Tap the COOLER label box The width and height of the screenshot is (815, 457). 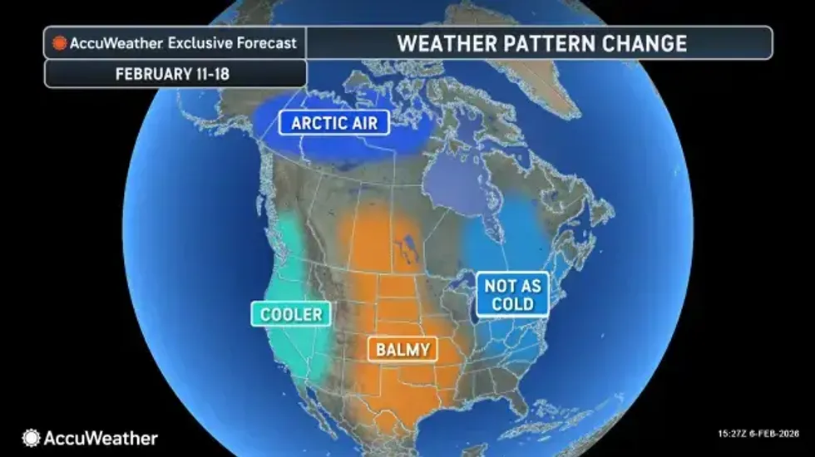[290, 314]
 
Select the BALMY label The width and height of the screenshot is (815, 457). [403, 349]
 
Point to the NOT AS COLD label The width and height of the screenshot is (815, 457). [512, 295]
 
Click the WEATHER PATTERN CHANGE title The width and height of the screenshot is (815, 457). [541, 43]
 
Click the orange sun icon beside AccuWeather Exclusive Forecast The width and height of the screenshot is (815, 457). [59, 43]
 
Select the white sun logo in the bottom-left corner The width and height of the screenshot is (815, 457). [32, 437]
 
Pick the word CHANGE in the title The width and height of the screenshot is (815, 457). [646, 43]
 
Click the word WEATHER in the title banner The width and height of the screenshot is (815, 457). [440, 43]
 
